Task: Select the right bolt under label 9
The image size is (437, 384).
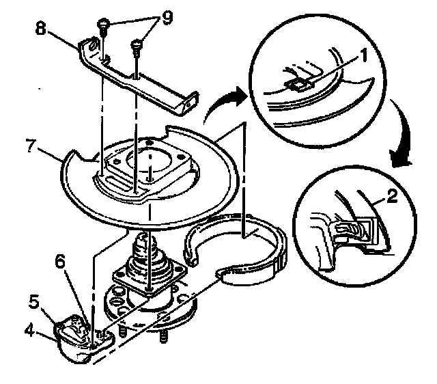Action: point(137,47)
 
